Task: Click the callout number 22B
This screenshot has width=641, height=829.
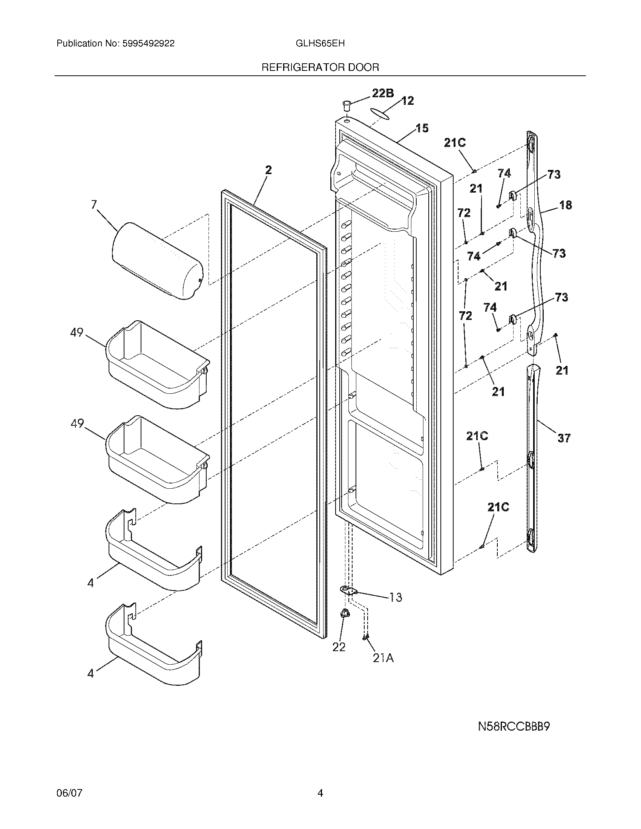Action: (382, 93)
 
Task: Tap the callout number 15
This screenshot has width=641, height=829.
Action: (422, 128)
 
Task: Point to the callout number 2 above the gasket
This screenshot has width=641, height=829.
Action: (268, 170)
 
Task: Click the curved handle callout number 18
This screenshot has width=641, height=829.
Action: (566, 205)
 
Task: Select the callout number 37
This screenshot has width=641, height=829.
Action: (564, 438)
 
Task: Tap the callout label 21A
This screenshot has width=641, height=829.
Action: (383, 658)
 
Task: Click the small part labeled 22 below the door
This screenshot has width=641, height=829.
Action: (345, 624)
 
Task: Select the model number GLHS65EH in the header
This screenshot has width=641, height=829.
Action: (320, 43)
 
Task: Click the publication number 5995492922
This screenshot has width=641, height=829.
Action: (148, 43)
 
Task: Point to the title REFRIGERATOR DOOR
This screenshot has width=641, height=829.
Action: (320, 67)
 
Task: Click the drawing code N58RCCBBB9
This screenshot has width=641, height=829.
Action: (514, 727)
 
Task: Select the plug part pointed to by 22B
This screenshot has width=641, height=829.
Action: (346, 105)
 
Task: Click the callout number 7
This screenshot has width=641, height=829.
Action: (94, 205)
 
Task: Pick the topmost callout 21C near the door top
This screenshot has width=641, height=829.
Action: (455, 143)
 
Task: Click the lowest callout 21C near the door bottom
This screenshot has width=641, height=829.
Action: (498, 507)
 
